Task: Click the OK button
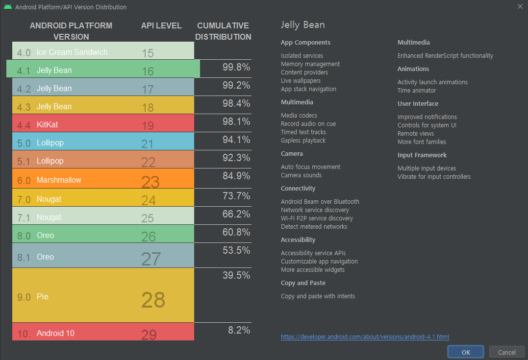point(465,352)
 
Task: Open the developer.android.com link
point(365,337)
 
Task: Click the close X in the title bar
point(520,6)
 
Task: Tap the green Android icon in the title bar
point(7,7)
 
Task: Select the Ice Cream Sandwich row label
point(72,52)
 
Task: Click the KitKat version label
point(47,124)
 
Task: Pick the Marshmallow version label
point(59,180)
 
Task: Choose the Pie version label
point(43,297)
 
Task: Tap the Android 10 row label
point(55,333)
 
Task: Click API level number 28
point(153,300)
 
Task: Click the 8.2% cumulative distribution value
point(239,330)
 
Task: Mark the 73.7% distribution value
point(236,196)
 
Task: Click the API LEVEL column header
point(161,25)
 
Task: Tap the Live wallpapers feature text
point(301,81)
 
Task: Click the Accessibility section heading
point(298,240)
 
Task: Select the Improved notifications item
point(427,117)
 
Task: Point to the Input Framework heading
point(422,155)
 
